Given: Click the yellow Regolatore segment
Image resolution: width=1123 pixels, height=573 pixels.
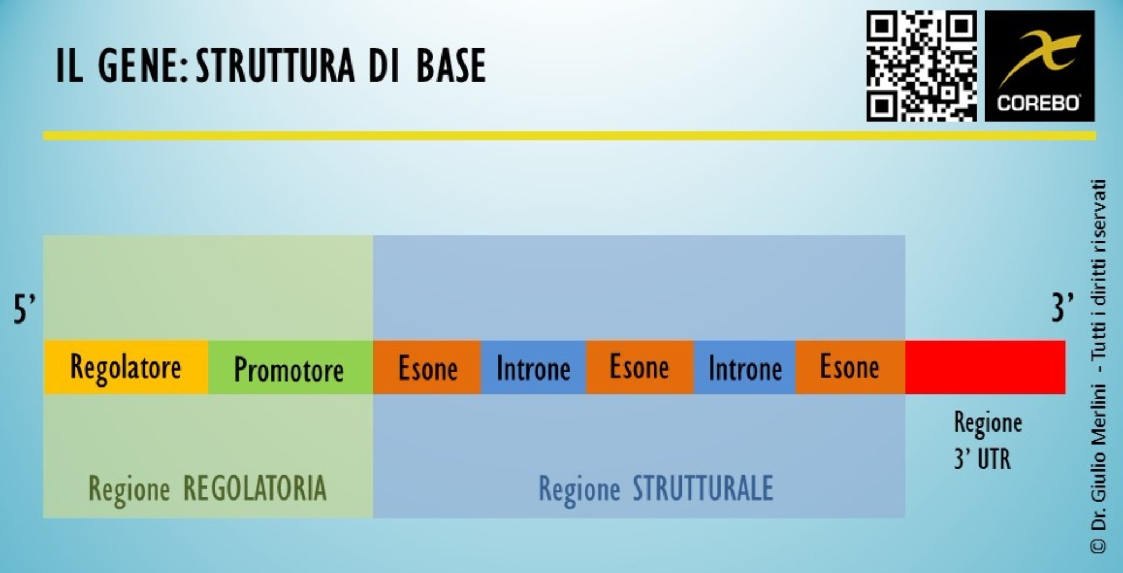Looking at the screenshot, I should coord(126,367).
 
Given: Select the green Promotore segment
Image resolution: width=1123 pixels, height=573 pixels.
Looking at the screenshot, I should coord(290,367).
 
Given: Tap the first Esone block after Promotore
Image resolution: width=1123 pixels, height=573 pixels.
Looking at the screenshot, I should coord(427,367).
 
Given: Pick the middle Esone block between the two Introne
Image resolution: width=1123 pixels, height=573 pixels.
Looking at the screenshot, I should coord(639,367).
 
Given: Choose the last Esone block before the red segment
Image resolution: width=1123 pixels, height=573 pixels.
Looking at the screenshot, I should coord(849,367).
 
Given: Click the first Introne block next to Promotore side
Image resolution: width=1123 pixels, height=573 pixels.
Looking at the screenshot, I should coord(533,367).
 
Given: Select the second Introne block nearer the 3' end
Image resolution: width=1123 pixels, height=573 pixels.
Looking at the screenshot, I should coord(745,367).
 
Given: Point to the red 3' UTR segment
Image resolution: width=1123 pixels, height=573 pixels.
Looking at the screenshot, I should coord(985,367).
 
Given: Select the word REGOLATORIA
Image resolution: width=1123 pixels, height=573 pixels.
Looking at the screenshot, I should coord(254,488).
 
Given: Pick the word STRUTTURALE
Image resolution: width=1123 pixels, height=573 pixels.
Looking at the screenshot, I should coord(702,488).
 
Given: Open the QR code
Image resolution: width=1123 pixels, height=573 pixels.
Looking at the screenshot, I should coord(921,66).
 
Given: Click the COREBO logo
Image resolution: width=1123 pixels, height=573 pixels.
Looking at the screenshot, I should coord(1039,66).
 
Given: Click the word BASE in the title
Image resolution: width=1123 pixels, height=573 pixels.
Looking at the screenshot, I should coord(451,66).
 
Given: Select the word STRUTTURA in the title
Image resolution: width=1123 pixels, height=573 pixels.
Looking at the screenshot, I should coord(275,66).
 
